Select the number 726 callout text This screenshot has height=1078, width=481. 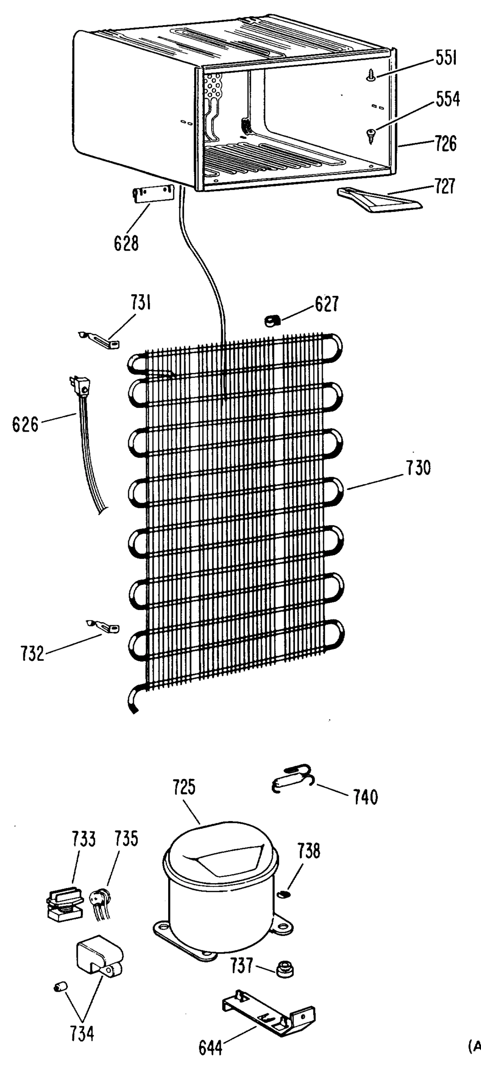(445, 144)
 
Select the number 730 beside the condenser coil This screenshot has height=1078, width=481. (419, 468)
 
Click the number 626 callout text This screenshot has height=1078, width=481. (25, 424)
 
